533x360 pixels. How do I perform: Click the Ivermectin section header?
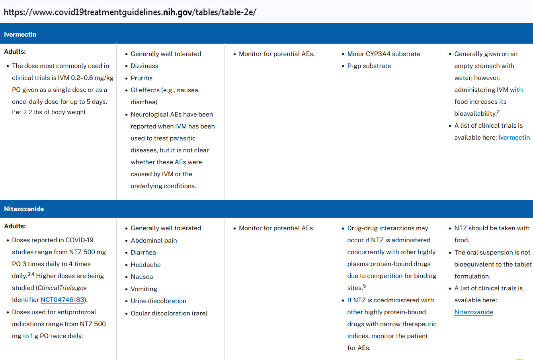coord(20,35)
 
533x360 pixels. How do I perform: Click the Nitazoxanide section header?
coord(24,209)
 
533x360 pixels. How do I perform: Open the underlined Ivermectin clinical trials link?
coord(514,138)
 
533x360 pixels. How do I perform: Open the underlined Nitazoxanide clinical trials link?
coord(474,312)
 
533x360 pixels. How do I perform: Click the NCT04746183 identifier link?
coord(62,300)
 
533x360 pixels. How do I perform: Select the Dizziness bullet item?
coord(144,66)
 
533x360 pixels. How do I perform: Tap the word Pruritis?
coord(142,78)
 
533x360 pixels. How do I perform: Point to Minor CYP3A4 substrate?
coord(383,54)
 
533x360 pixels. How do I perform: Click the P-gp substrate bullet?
coord(369,66)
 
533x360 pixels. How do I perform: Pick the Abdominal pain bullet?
coord(154,241)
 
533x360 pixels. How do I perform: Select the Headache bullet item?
coord(146,265)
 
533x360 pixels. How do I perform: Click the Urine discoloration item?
coord(158,301)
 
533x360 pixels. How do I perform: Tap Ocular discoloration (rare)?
coord(169,313)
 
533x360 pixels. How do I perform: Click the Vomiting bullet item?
coord(144,289)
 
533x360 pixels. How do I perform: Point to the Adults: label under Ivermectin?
coord(15,52)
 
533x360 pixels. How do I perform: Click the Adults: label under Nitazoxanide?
coord(15,226)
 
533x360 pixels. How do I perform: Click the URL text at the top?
coord(130,12)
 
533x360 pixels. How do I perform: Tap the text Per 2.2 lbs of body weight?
coord(49,112)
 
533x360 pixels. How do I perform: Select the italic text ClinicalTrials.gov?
coord(62,288)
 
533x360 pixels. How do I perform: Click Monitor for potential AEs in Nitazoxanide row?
coord(276,228)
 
